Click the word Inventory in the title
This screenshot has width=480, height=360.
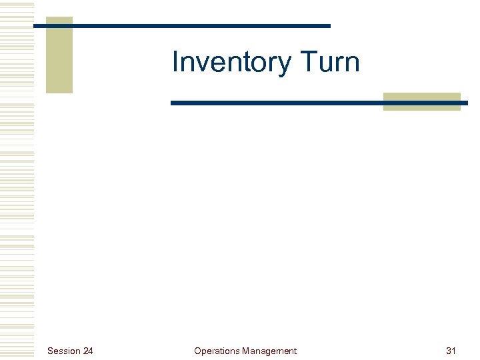pyautogui.click(x=231, y=63)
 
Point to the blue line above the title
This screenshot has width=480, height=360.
pyautogui.click(x=200, y=26)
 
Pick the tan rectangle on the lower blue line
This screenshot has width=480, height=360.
pyautogui.click(x=421, y=101)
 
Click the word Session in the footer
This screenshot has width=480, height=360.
pyautogui.click(x=64, y=351)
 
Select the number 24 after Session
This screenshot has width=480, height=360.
pyautogui.click(x=88, y=351)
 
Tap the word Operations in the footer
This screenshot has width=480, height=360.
pyautogui.click(x=217, y=351)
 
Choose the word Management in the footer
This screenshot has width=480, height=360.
pyautogui.click(x=269, y=351)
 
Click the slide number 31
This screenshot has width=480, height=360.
pyautogui.click(x=451, y=351)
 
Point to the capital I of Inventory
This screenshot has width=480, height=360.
pyautogui.click(x=175, y=63)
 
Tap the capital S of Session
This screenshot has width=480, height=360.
pyautogui.click(x=51, y=351)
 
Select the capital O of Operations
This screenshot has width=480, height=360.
pyautogui.click(x=197, y=351)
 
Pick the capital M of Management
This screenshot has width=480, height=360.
pyautogui.click(x=246, y=351)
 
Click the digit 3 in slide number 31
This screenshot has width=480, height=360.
pyautogui.click(x=448, y=351)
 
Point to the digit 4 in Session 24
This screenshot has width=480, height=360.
pyautogui.click(x=91, y=351)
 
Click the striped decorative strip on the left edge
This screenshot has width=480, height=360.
pyautogui.click(x=17, y=180)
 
